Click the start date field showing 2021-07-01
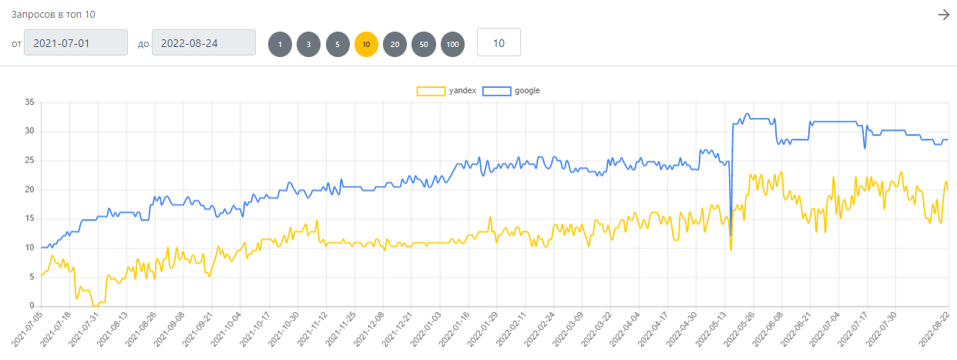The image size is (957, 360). [x=76, y=42]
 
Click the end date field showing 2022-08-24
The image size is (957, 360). [x=203, y=42]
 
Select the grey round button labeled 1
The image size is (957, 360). [x=280, y=44]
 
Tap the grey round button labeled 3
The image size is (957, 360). [x=308, y=44]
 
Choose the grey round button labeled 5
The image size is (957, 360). [x=337, y=44]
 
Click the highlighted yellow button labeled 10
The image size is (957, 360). [x=366, y=44]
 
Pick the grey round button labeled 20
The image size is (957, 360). [x=395, y=44]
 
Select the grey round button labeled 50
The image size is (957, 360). [x=423, y=44]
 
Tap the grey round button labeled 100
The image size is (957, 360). [x=452, y=44]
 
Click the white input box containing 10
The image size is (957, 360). [x=499, y=42]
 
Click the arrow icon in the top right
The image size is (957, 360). [x=943, y=15]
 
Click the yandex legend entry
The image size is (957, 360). [x=446, y=91]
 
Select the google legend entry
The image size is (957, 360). [x=512, y=91]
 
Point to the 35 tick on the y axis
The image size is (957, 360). [x=29, y=103]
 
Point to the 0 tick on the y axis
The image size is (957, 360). [x=32, y=305]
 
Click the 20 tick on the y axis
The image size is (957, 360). [x=29, y=189]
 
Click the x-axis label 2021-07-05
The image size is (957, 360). [x=27, y=328]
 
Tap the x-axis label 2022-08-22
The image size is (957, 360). [x=935, y=328]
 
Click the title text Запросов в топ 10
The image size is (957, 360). [x=53, y=15]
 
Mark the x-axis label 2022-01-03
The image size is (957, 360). [x=426, y=328]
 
